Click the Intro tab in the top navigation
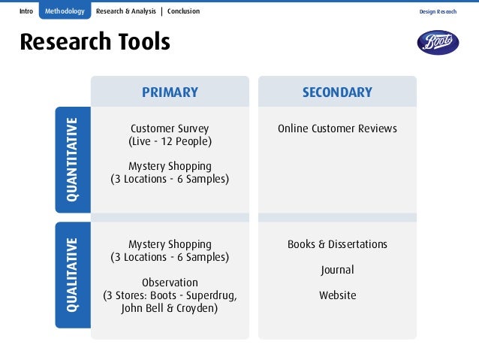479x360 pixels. (x=27, y=11)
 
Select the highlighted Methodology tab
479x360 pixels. (x=65, y=11)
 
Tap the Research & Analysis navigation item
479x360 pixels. (x=126, y=11)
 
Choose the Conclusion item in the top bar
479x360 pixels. (x=183, y=11)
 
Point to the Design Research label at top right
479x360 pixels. (x=438, y=12)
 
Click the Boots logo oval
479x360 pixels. (x=438, y=42)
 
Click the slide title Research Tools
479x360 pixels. (x=95, y=43)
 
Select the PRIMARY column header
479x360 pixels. (x=170, y=92)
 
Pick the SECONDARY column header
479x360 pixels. (x=337, y=92)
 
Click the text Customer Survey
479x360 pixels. (x=170, y=129)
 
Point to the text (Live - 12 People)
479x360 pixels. (x=170, y=141)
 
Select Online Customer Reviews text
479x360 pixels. (x=337, y=129)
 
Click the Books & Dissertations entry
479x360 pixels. (x=337, y=244)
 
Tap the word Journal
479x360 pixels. (x=337, y=270)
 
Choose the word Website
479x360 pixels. (x=337, y=295)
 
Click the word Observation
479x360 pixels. (x=170, y=283)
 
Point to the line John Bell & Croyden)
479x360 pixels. (x=170, y=308)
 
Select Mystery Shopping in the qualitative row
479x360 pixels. (x=170, y=244)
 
